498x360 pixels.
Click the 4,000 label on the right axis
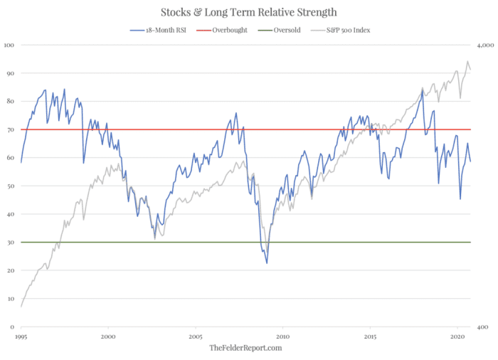pos(485,45)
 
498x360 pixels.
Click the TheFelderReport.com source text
pos(245,348)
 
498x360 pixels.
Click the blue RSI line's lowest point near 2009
pos(267,263)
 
